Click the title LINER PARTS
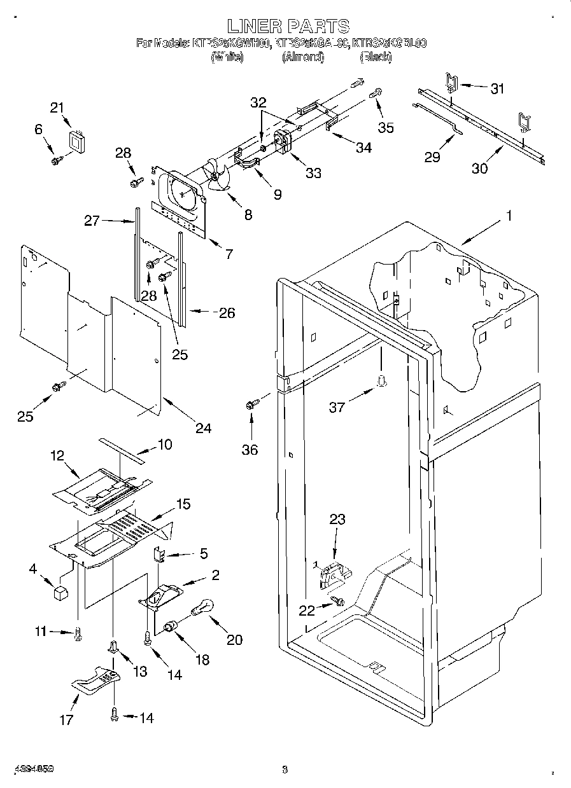pos(288,26)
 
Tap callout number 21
pos(58,107)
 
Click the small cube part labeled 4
pos(60,593)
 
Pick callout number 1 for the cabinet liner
pos(508,216)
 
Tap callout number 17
pos(66,720)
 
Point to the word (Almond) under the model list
pos(303,57)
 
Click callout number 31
pos(497,89)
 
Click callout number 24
pos(203,428)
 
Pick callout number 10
pos(164,445)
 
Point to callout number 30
pos(479,168)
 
